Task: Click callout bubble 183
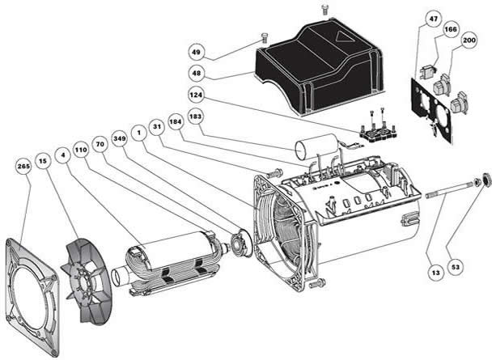[193, 116]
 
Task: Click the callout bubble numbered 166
[449, 30]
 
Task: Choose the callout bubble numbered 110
[82, 150]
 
